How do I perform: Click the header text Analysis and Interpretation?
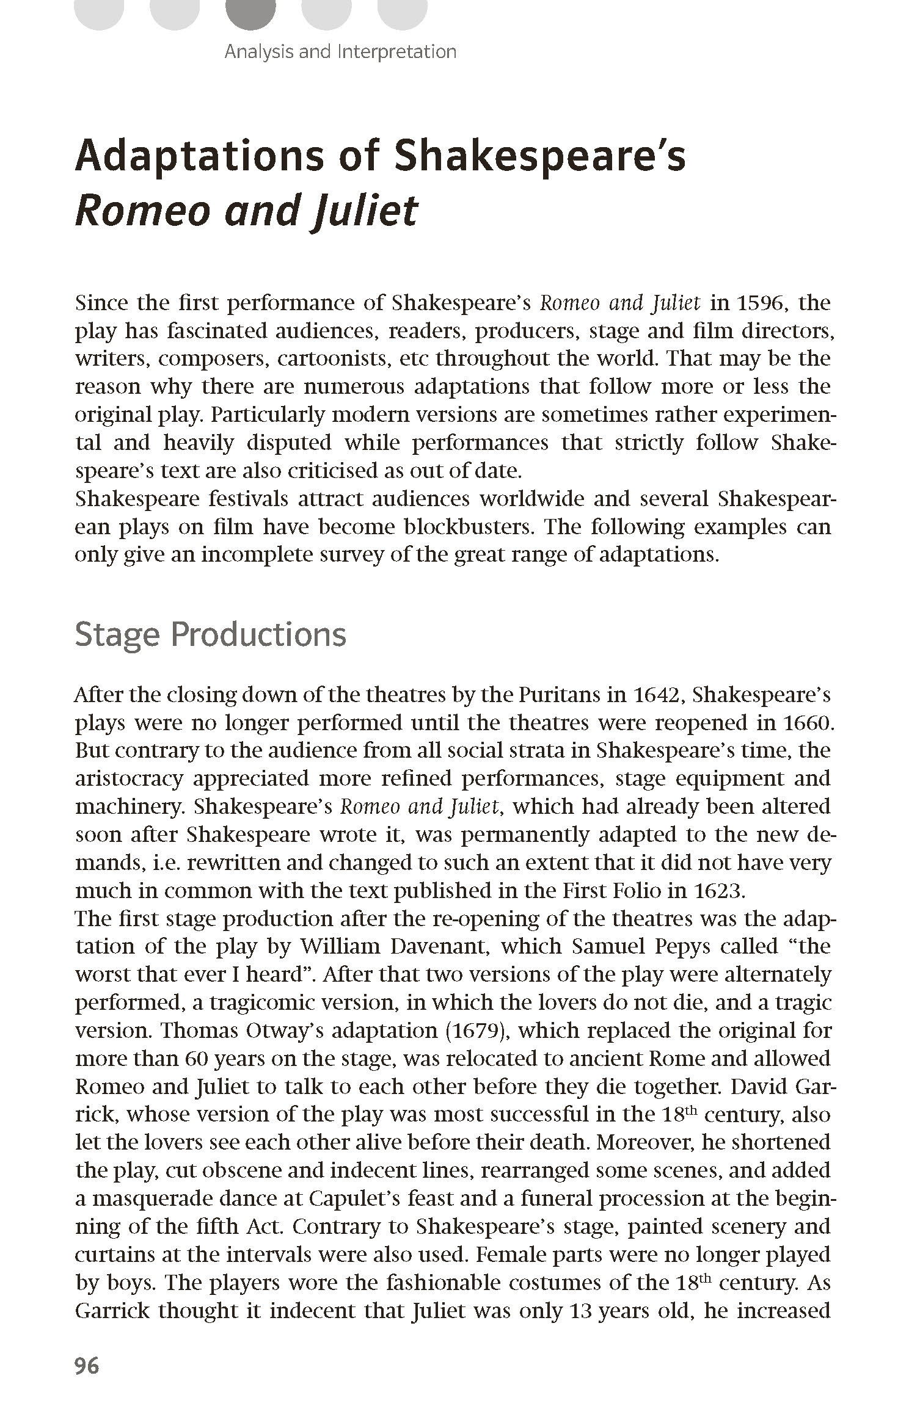point(340,51)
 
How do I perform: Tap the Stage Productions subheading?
point(210,634)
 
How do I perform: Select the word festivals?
point(248,499)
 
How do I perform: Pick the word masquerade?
point(183,1199)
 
